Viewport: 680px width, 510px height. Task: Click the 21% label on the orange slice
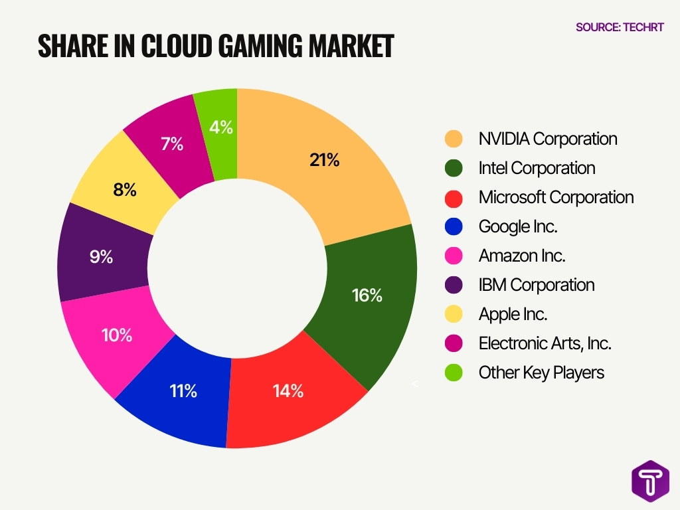(x=324, y=160)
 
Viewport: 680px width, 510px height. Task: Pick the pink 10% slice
(x=117, y=335)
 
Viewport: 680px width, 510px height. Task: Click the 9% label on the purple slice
(x=102, y=257)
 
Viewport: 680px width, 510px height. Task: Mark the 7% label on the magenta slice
(x=172, y=143)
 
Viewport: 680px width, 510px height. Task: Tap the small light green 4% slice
(x=220, y=127)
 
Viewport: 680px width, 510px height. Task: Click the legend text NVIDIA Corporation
(x=548, y=139)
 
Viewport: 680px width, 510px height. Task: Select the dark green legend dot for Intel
(x=454, y=169)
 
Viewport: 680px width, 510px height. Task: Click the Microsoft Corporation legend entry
(x=556, y=197)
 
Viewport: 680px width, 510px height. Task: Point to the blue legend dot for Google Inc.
(x=454, y=227)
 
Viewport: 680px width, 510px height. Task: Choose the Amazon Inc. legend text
(x=522, y=256)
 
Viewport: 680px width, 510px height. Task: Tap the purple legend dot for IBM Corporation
(x=454, y=286)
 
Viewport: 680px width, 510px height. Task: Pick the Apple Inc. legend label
(x=513, y=314)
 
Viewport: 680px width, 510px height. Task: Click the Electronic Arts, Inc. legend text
(x=545, y=343)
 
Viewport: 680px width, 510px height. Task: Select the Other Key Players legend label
(x=541, y=373)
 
